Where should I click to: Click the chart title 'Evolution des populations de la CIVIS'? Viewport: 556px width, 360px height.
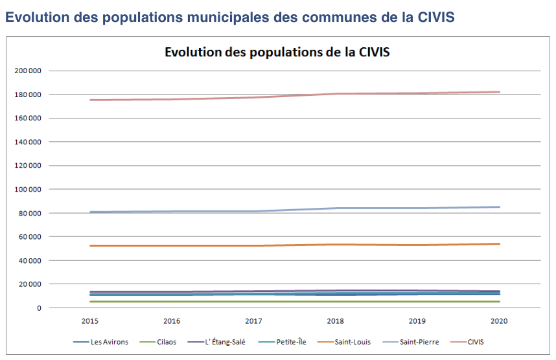pos(277,52)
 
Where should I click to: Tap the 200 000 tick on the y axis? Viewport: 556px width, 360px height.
pos(28,71)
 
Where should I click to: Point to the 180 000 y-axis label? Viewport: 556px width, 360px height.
pos(28,95)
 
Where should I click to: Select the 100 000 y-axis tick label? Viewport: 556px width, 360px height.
pos(28,190)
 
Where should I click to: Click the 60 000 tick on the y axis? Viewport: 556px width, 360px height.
pos(30,237)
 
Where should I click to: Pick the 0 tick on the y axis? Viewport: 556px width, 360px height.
pos(39,308)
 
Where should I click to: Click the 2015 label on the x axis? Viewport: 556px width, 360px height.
pos(90,321)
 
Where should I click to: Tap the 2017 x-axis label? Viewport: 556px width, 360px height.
pos(253,321)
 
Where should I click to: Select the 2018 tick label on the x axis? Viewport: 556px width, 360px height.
pos(336,321)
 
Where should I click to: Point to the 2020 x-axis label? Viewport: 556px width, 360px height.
pos(499,321)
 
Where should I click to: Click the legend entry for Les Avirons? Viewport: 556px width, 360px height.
pos(100,343)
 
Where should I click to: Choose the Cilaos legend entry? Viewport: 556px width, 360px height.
pos(158,343)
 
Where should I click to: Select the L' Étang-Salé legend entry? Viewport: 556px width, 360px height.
pos(216,343)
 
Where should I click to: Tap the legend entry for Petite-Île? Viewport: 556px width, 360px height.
pos(283,343)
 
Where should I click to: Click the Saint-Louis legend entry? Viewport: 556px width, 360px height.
pos(344,343)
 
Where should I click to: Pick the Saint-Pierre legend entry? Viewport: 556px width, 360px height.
pos(411,343)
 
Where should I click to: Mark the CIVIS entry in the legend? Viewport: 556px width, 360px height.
pos(467,343)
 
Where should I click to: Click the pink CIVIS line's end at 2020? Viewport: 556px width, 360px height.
pos(499,92)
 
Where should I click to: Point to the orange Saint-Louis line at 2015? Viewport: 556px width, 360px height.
pos(91,245)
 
